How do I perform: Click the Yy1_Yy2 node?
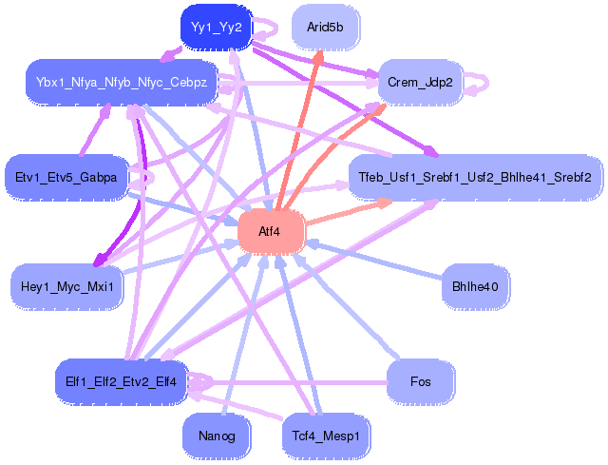click(217, 28)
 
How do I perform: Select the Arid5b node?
click(325, 28)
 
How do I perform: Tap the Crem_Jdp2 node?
click(420, 83)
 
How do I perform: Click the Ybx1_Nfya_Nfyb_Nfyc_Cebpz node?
click(122, 83)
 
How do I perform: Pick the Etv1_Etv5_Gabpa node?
click(66, 178)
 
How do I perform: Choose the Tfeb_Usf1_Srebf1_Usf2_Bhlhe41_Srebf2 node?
click(475, 178)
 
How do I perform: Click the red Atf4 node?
click(271, 232)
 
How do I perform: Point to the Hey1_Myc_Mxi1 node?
click(66, 287)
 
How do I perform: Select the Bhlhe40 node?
click(475, 287)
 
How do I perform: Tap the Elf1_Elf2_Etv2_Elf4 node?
click(122, 382)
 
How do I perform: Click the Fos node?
click(420, 382)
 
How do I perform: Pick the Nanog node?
click(217, 436)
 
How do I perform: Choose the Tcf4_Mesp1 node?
click(326, 436)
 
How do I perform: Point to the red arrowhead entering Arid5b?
click(318, 57)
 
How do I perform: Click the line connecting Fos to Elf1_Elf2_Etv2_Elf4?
click(287, 382)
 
